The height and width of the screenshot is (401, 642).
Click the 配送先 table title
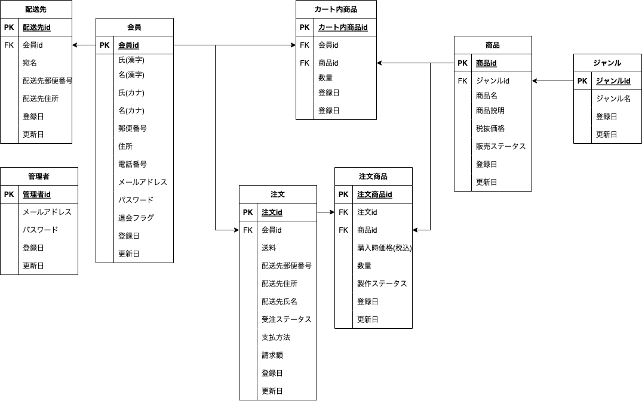[36, 10]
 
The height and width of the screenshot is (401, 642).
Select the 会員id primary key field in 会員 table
[128, 45]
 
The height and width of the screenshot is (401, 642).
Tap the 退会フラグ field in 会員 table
[136, 218]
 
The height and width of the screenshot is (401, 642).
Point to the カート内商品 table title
[336, 10]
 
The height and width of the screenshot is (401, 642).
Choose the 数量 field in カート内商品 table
[325, 78]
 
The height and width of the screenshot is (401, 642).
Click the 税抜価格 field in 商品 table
[490, 128]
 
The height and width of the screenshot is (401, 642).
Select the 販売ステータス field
[500, 146]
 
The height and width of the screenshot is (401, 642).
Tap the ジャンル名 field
[613, 99]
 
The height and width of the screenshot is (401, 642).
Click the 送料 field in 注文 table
[269, 248]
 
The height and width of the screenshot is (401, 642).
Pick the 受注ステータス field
[286, 319]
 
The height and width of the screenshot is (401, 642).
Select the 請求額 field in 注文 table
[272, 355]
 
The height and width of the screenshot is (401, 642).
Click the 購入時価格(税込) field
[384, 248]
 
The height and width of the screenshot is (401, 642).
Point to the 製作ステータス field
[382, 283]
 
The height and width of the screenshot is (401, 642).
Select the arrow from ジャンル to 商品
[552, 81]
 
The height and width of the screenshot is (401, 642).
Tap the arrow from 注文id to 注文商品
[325, 212]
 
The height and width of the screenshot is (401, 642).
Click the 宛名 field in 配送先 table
[30, 63]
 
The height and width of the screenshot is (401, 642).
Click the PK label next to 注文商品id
[343, 195]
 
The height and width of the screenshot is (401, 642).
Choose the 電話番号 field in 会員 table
[132, 164]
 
